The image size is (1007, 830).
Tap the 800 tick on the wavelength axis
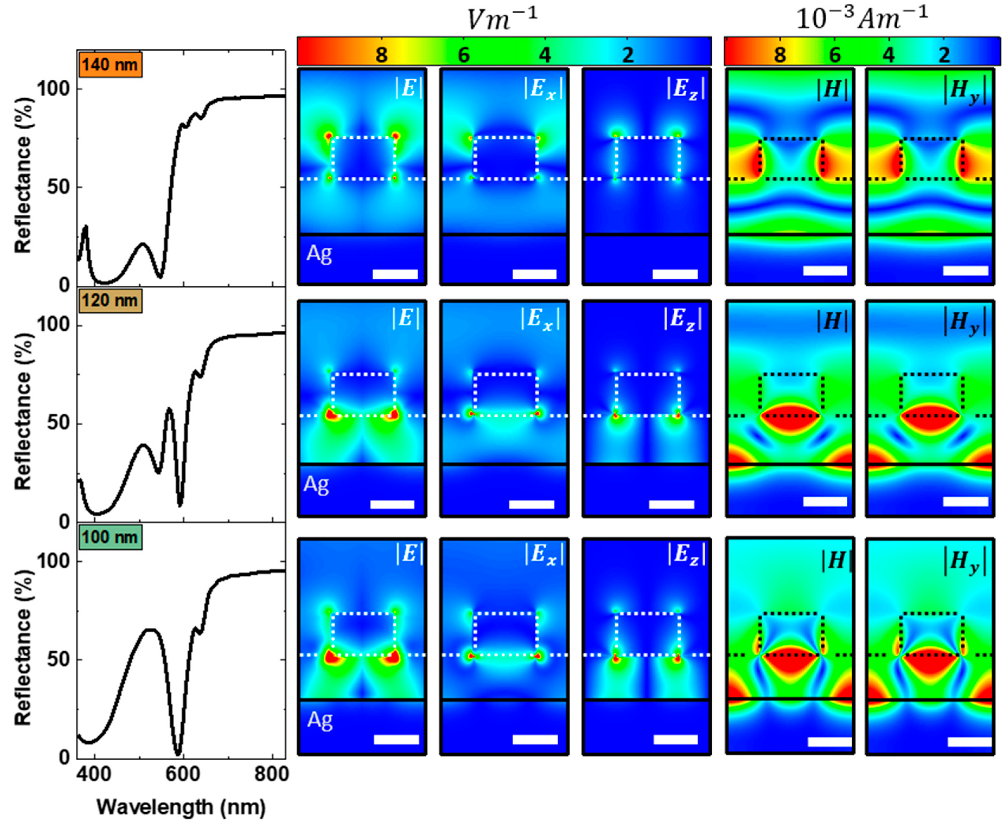coord(271,775)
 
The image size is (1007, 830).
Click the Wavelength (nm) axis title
coord(181,808)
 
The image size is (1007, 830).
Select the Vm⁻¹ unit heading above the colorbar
coord(502,19)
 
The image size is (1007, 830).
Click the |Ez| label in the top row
coord(685,89)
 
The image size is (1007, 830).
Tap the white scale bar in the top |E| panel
coord(395,274)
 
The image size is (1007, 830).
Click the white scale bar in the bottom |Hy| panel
coord(969,742)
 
